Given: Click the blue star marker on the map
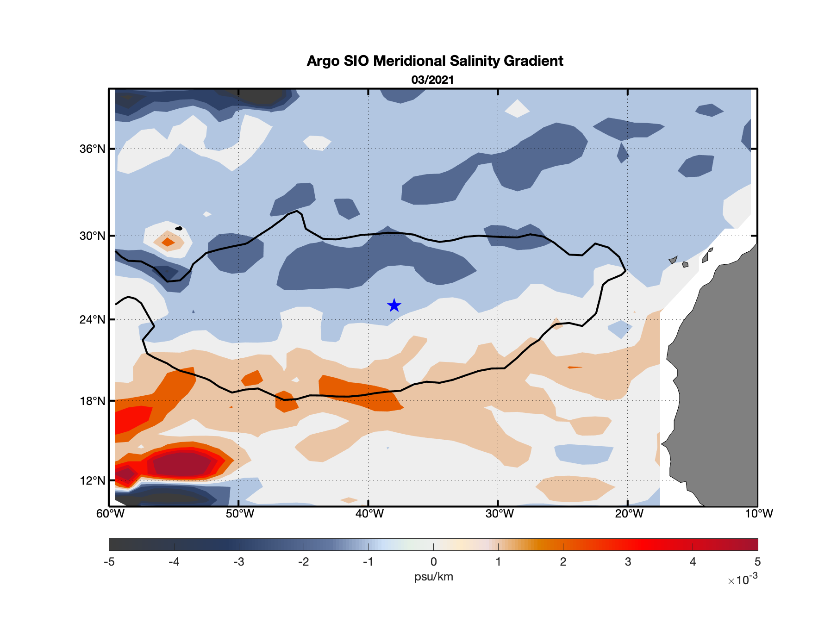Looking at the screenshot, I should pyautogui.click(x=394, y=305).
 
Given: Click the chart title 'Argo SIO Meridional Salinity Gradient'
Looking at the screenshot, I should pyautogui.click(x=435, y=61).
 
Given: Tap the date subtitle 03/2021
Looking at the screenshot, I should pyautogui.click(x=432, y=80).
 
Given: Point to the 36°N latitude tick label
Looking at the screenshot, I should pyautogui.click(x=92, y=149).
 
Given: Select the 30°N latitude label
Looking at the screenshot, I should pyautogui.click(x=92, y=236).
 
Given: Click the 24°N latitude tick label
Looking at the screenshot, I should pyautogui.click(x=92, y=320).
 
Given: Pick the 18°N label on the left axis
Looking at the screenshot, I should pyautogui.click(x=92, y=401).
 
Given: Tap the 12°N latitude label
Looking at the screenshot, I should pyautogui.click(x=92, y=480).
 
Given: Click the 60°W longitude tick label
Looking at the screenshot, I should pyautogui.click(x=110, y=514).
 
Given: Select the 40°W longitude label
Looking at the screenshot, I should pyautogui.click(x=369, y=514).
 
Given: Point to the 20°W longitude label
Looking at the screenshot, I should pyautogui.click(x=629, y=514).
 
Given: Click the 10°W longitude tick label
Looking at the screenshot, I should pyautogui.click(x=758, y=514).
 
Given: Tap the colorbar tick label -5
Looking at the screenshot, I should pyautogui.click(x=109, y=562).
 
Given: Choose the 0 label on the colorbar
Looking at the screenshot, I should pyautogui.click(x=433, y=562).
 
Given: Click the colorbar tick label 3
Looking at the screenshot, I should pyautogui.click(x=628, y=562).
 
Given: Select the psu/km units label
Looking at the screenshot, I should pyautogui.click(x=433, y=577).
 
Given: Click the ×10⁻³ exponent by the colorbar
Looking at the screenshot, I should pyautogui.click(x=743, y=580).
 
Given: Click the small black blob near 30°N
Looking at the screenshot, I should pyautogui.click(x=179, y=228).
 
